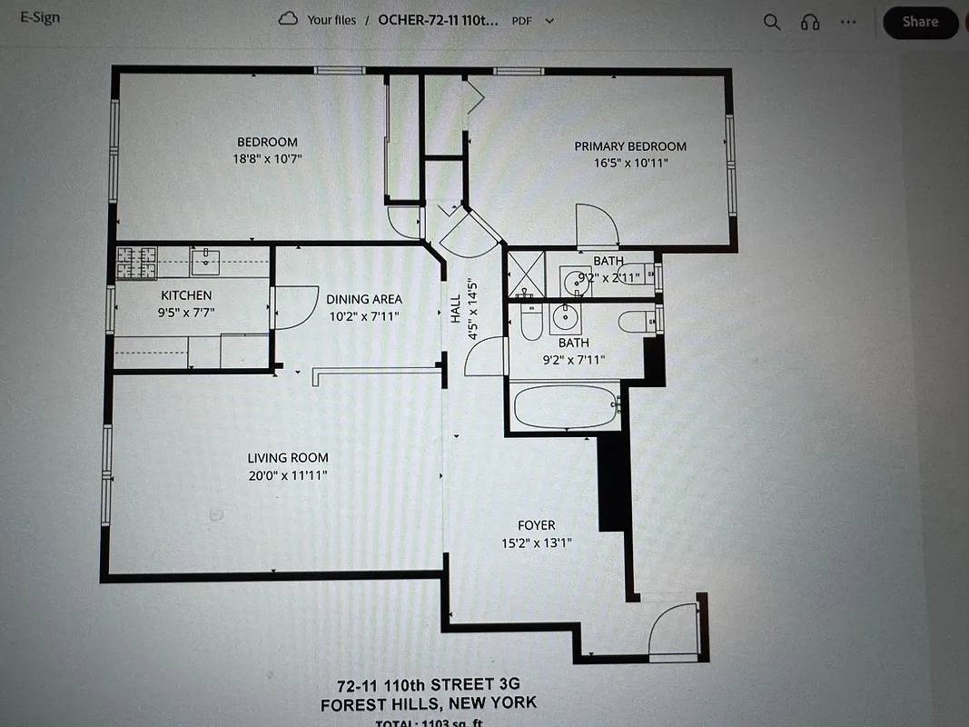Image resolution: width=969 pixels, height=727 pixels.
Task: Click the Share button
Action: coord(920,23)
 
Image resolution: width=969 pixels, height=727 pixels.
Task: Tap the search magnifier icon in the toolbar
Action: coord(771,23)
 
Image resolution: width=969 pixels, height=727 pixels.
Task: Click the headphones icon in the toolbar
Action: coord(810,23)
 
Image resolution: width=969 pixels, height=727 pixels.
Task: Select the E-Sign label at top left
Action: coord(42,16)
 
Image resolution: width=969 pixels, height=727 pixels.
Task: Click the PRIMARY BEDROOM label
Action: coord(629,146)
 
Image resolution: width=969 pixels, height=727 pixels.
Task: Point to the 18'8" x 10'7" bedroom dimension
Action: coord(267,158)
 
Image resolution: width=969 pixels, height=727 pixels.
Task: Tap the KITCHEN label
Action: coord(186,295)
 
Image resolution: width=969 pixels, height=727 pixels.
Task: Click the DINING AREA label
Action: coord(363,299)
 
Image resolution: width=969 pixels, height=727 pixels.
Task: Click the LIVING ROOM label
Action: coord(288,458)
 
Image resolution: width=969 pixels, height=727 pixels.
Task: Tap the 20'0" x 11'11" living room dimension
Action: coord(288,475)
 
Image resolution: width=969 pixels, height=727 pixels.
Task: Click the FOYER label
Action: coord(536,525)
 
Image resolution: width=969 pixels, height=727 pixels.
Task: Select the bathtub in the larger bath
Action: coord(566,407)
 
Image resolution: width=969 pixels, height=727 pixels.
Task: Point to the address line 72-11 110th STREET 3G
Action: coord(428,684)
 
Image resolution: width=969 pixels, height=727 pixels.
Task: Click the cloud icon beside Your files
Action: coord(289,19)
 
